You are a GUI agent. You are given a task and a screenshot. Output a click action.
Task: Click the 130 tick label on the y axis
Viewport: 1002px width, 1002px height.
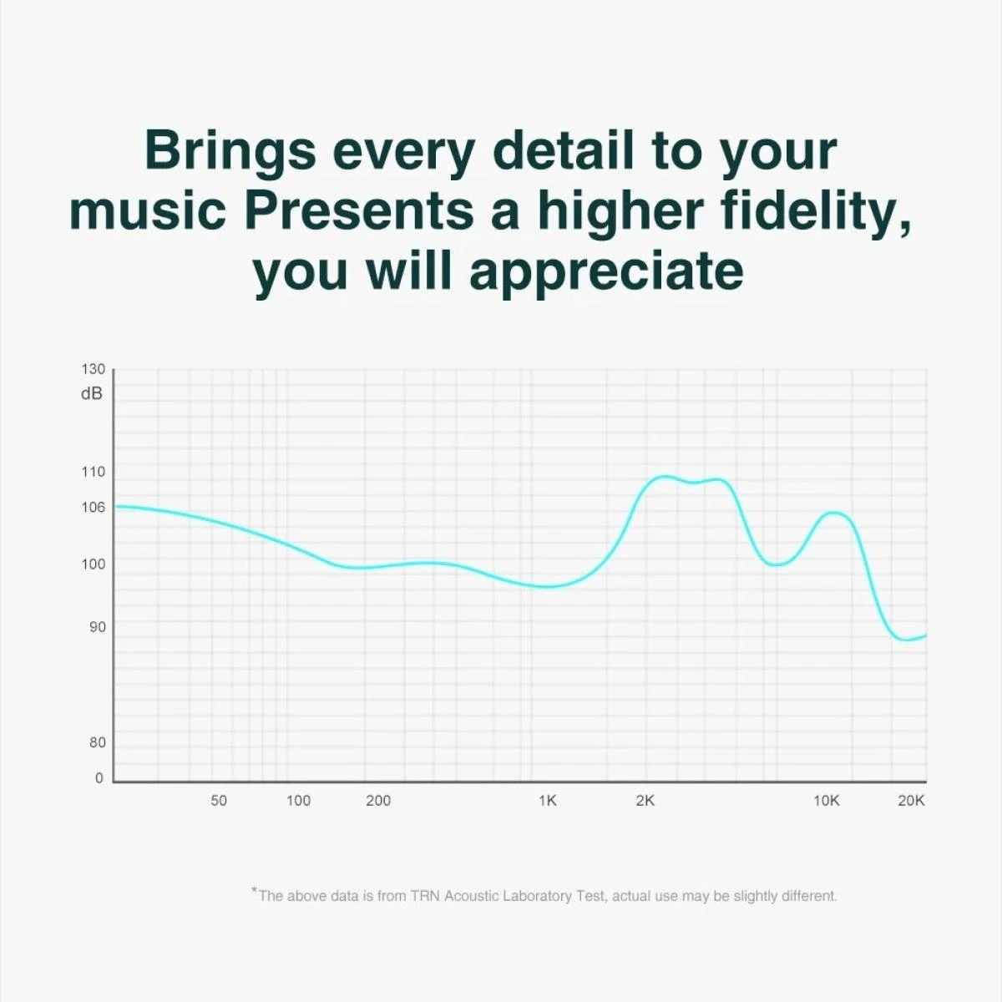93,369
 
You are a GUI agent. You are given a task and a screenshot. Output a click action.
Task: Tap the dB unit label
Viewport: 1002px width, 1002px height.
92,393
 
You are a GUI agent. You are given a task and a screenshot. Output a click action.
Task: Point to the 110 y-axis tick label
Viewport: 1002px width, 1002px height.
93,472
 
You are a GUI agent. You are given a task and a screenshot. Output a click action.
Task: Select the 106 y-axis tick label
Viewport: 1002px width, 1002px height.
93,507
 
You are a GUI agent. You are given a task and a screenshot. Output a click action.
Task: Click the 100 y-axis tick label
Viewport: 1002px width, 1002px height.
93,564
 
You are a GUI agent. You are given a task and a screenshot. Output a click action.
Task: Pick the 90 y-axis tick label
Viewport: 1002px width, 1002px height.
97,626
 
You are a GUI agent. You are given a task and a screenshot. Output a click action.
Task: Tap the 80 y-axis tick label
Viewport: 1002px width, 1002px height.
97,742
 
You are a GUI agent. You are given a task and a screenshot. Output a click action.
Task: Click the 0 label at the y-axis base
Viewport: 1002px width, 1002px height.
99,778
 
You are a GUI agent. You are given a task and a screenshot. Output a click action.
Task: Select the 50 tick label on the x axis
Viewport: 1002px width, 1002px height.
219,801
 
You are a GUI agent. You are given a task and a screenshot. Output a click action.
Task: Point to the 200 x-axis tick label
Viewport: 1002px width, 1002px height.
378,801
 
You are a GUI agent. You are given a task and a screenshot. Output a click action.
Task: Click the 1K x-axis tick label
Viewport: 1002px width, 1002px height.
548,801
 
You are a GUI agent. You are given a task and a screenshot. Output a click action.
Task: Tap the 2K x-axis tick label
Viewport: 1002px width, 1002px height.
645,801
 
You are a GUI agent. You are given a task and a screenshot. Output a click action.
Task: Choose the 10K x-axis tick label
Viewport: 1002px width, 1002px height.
827,801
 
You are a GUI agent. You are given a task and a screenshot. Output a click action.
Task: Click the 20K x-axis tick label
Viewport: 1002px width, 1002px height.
912,801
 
